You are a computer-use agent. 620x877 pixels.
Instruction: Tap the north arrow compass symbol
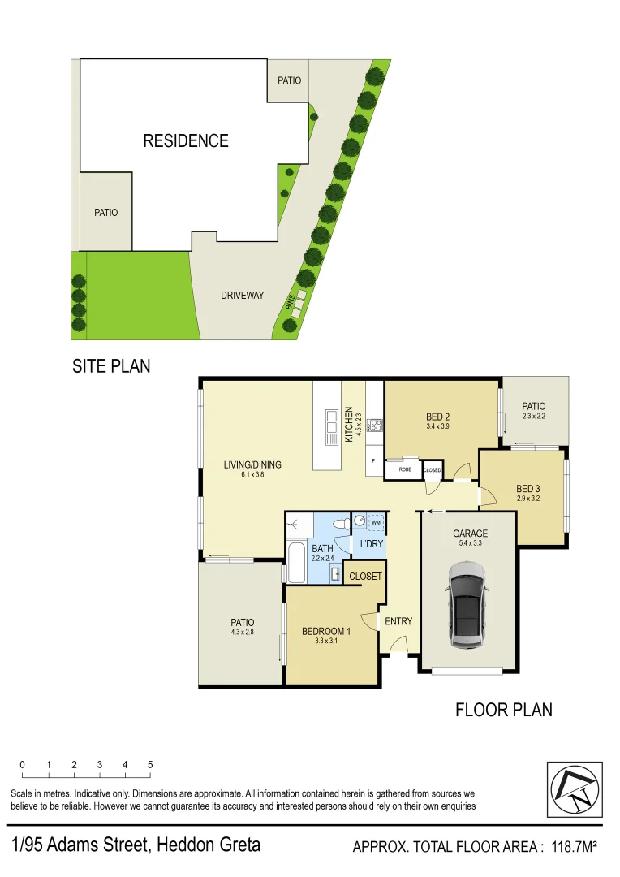coord(575,789)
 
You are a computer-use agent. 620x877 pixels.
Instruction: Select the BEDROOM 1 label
coord(325,632)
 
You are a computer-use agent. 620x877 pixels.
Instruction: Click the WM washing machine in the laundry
coord(376,523)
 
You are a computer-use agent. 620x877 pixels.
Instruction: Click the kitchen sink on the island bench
coord(331,426)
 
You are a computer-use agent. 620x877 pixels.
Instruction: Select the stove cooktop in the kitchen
coord(375,425)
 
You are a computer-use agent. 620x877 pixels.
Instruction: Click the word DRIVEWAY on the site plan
coord(243,296)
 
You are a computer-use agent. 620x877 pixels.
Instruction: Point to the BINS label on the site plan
coord(290,303)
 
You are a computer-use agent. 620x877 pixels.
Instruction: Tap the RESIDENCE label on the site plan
coord(186,141)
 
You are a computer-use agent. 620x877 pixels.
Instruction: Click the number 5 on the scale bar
coord(150,765)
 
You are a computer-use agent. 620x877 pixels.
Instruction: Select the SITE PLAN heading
coord(111,366)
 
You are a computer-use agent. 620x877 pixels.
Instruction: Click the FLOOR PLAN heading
coord(503,710)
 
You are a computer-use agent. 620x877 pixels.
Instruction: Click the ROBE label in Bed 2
coord(404,469)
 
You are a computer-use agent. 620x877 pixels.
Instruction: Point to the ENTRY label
coord(398,621)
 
